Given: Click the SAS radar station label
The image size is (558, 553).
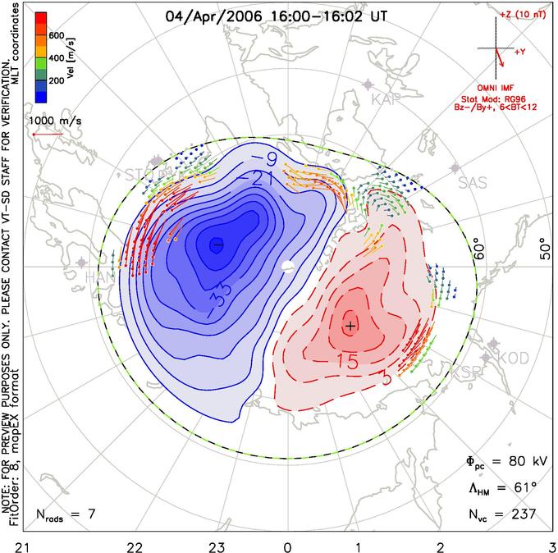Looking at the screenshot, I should coord(472,182).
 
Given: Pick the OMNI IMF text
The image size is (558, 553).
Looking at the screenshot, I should coord(495,87).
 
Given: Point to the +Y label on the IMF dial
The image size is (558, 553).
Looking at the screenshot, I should coord(520,51).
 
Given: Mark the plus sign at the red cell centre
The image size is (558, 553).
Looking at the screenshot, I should coord(351,326).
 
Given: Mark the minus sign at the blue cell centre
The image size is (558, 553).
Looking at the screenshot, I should coord(217,244).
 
